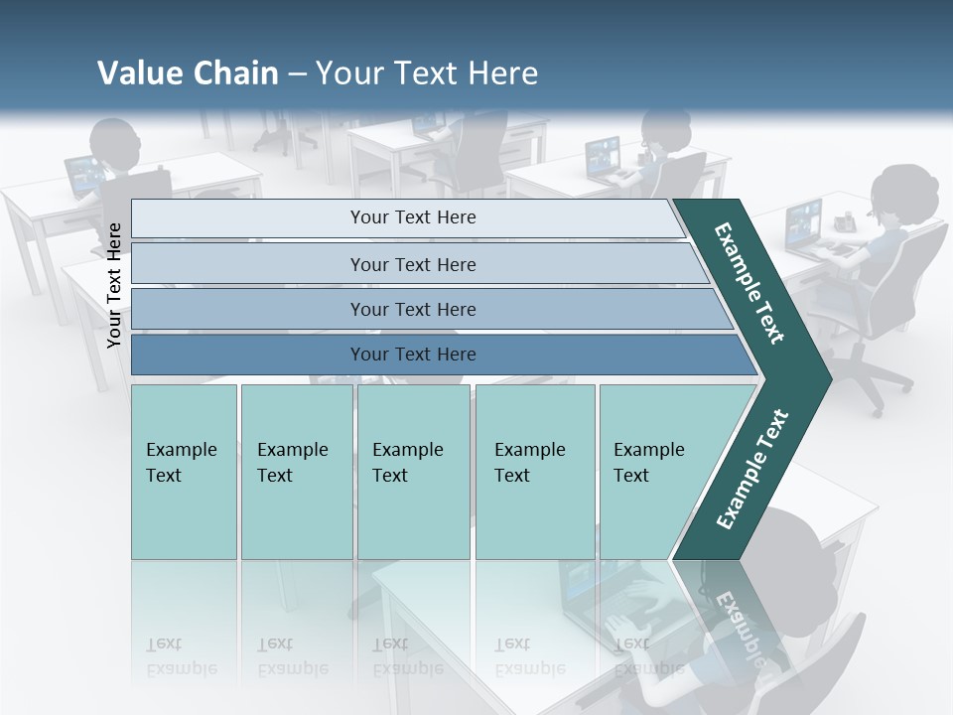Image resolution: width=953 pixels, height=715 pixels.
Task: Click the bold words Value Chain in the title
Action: pos(188,73)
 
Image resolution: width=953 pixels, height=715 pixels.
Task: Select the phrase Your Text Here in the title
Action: pos(427,73)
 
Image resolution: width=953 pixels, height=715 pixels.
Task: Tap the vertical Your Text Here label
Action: pos(114,285)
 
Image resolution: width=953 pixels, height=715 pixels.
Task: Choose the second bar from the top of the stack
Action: pos(412,264)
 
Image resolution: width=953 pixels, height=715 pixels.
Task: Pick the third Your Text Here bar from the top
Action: pos(412,309)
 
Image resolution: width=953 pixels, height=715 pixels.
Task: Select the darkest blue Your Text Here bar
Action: pos(412,355)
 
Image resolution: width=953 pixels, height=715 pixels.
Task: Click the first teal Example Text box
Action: pos(184,472)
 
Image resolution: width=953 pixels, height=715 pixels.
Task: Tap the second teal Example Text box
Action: pos(296,472)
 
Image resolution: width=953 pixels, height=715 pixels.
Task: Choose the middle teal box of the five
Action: pos(413,472)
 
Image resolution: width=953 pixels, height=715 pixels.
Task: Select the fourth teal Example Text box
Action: pos(534,472)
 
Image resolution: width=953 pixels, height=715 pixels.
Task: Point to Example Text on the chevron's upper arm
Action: pos(749,283)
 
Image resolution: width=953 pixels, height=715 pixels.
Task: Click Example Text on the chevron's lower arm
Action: pos(751,470)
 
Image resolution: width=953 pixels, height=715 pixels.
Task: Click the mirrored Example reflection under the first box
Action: pos(182,668)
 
